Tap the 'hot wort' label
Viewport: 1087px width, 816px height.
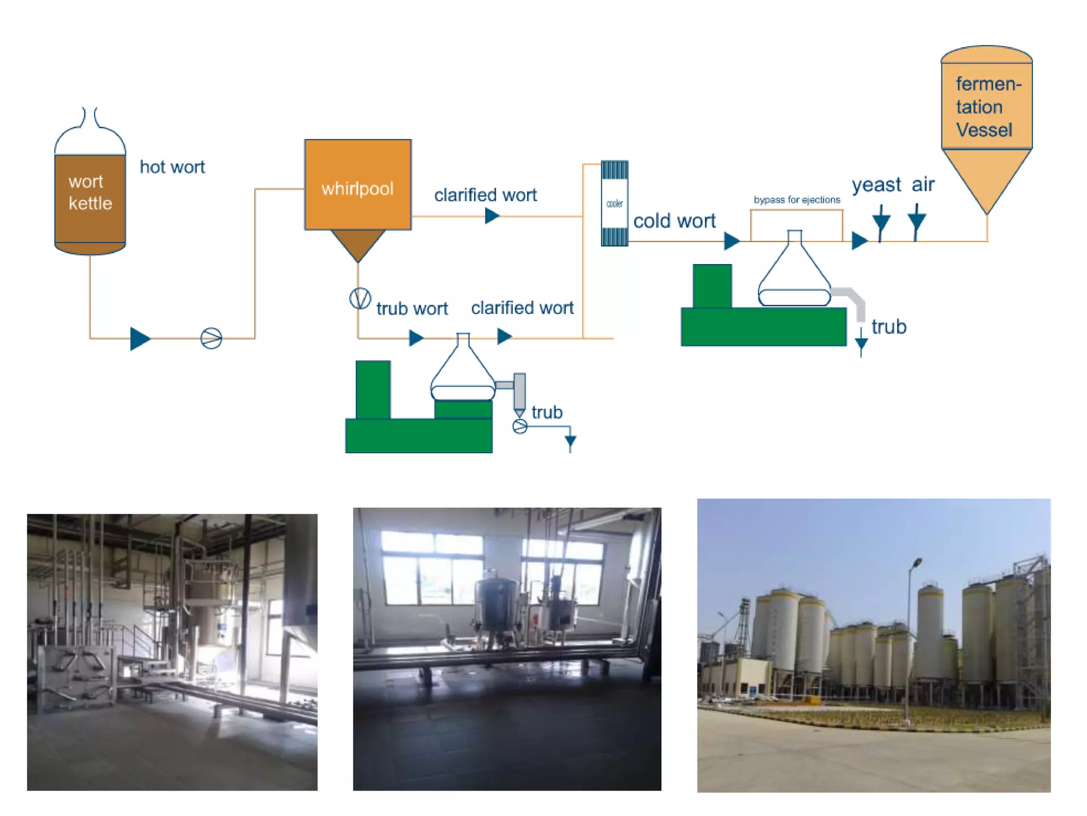(x=172, y=167)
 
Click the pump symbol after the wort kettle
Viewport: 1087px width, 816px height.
(x=211, y=338)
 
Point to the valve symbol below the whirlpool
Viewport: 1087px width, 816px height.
(x=360, y=298)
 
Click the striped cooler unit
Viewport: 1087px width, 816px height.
(x=614, y=203)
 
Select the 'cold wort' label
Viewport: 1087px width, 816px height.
(x=674, y=220)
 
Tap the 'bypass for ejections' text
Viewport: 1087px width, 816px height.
(x=797, y=200)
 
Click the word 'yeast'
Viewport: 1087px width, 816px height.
(x=876, y=184)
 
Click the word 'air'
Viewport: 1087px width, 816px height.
(x=923, y=184)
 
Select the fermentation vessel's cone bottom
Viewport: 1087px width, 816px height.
(x=986, y=178)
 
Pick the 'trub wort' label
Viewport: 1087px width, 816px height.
(x=412, y=308)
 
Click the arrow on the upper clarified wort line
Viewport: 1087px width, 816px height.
(x=492, y=216)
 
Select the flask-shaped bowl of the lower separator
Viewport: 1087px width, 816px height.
(x=463, y=372)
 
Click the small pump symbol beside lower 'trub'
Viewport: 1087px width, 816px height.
(x=520, y=426)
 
